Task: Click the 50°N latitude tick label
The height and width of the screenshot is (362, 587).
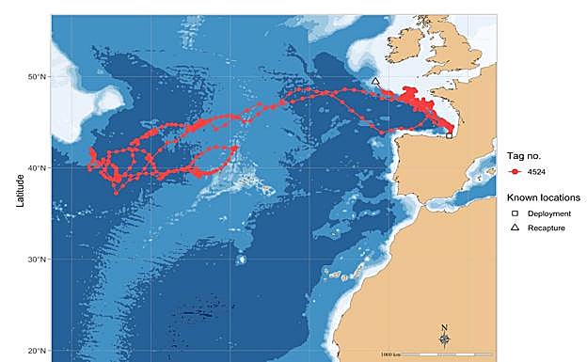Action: [39, 76]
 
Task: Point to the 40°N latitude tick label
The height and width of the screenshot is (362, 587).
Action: [39, 167]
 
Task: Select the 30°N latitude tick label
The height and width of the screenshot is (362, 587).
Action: [39, 259]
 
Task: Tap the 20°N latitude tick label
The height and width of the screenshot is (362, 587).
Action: [39, 351]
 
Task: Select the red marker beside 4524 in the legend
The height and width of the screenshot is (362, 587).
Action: [516, 173]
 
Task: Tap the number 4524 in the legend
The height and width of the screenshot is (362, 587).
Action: [538, 173]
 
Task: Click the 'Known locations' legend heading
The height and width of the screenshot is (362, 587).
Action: [541, 197]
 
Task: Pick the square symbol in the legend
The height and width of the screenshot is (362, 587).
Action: [516, 214]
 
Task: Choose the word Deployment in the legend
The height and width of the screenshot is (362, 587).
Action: [549, 214]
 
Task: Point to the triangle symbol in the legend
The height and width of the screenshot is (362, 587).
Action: [516, 228]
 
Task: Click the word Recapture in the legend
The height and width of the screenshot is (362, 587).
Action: [547, 228]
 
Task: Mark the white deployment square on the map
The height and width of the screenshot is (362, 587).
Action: [450, 135]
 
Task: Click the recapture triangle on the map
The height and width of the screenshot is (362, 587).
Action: [375, 82]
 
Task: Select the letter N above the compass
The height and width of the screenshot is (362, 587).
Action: [444, 327]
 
